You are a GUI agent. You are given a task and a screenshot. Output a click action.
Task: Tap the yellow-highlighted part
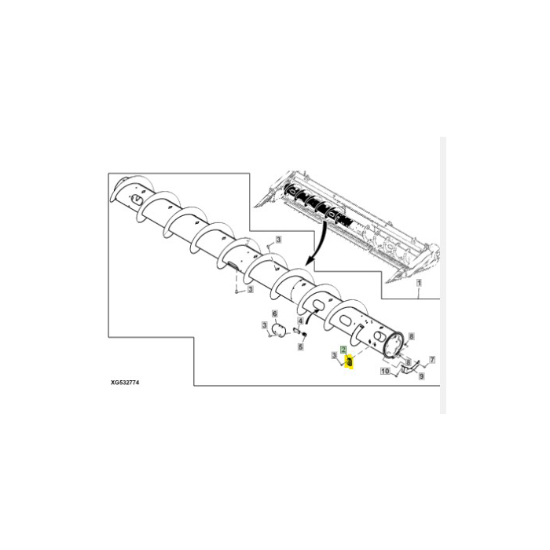349,361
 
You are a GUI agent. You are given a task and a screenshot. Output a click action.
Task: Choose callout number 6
274,314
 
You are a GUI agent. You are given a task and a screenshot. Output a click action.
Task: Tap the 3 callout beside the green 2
335,356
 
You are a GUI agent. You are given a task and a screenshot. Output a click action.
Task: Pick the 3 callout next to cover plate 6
265,324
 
